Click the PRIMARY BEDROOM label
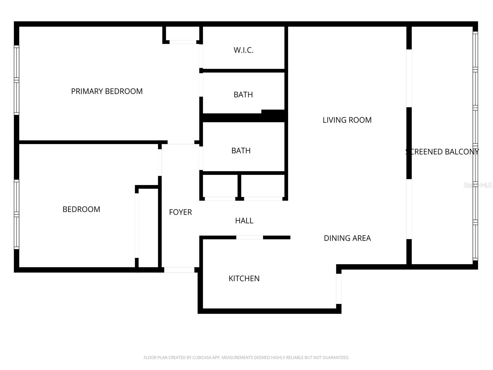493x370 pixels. pyautogui.click(x=107, y=91)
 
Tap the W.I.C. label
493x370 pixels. pyautogui.click(x=243, y=50)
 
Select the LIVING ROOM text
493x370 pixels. pyautogui.click(x=347, y=120)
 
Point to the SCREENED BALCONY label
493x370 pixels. pyautogui.click(x=442, y=152)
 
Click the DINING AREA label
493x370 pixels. pyautogui.click(x=347, y=238)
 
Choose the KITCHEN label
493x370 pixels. pyautogui.click(x=244, y=278)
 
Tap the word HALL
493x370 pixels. pyautogui.click(x=244, y=221)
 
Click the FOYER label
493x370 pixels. pyautogui.click(x=180, y=212)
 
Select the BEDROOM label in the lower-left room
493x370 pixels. pyautogui.click(x=81, y=209)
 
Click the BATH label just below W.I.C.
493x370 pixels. pyautogui.click(x=243, y=95)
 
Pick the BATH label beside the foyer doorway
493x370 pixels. pyautogui.click(x=241, y=150)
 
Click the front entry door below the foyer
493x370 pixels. pyautogui.click(x=179, y=270)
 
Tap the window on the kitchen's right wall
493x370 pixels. pyautogui.click(x=339, y=289)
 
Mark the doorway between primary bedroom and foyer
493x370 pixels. pyautogui.click(x=181, y=142)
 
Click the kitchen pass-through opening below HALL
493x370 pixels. pyautogui.click(x=250, y=237)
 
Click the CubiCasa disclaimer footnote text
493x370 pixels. pyautogui.click(x=246, y=358)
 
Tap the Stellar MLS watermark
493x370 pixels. pyautogui.click(x=478, y=185)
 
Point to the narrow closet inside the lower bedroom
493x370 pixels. pyautogui.click(x=148, y=228)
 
